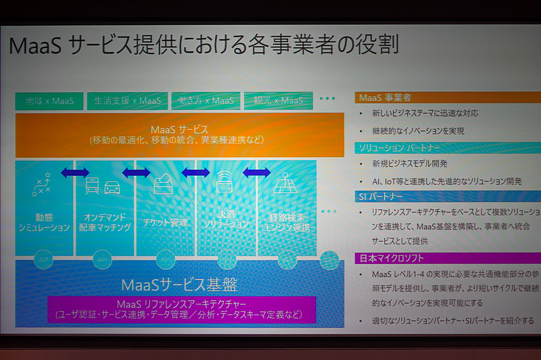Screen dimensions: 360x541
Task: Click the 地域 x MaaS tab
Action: pyautogui.click(x=49, y=102)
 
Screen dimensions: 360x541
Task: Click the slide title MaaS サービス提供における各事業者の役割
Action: pyautogui.click(x=203, y=44)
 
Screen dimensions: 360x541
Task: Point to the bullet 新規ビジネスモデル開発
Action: pyautogui.click(x=410, y=164)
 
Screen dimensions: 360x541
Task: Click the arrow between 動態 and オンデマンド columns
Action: pyautogui.click(x=74, y=173)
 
